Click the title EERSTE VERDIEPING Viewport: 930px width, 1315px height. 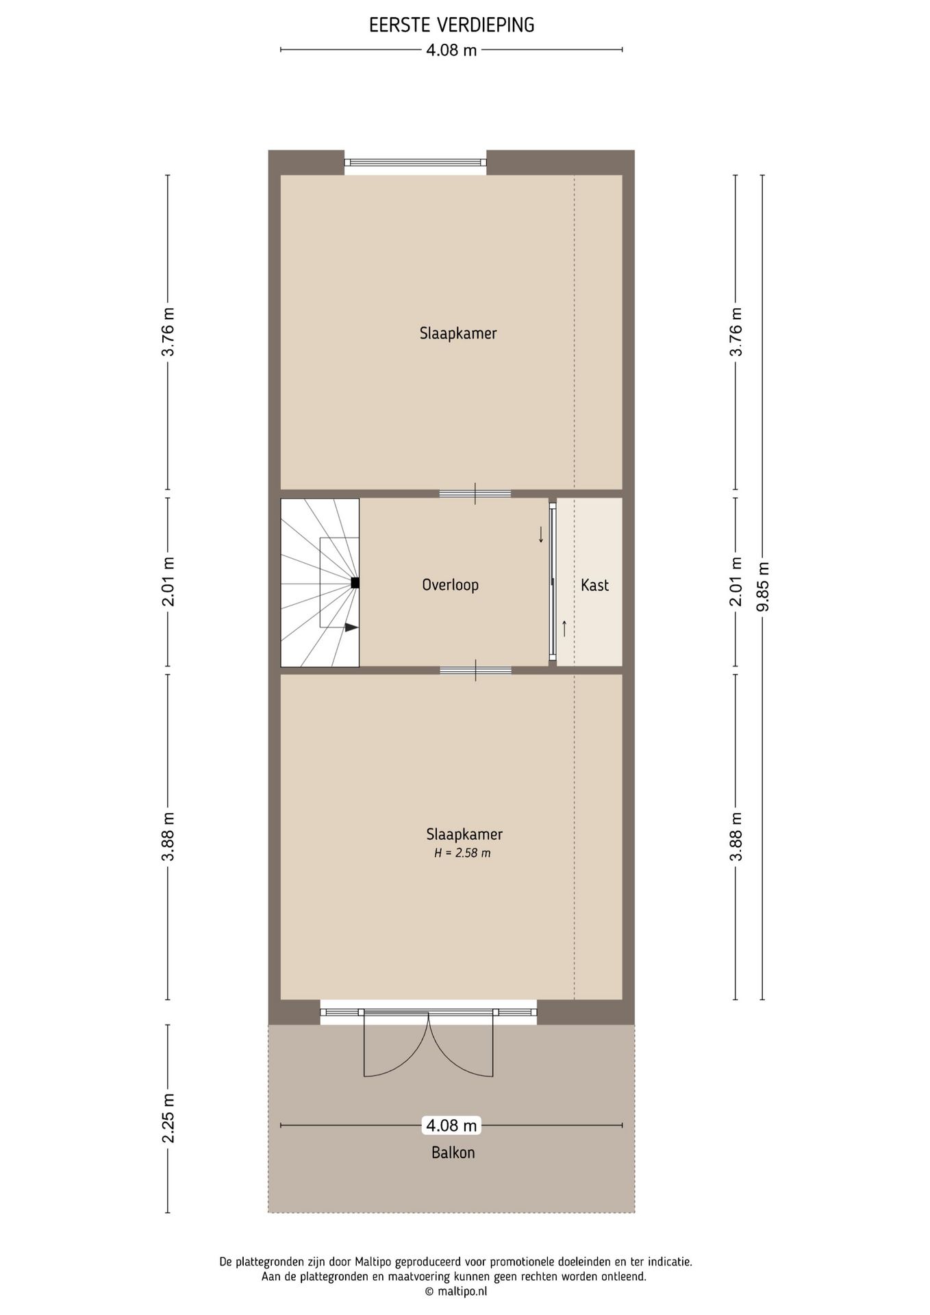click(x=451, y=25)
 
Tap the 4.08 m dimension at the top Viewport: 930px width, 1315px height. click(x=451, y=50)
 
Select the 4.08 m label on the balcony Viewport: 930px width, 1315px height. click(x=451, y=1125)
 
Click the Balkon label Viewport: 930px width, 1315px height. click(x=453, y=1153)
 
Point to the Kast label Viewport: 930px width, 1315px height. click(x=594, y=586)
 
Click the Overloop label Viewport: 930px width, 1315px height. click(x=450, y=586)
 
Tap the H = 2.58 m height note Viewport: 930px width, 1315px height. click(x=462, y=853)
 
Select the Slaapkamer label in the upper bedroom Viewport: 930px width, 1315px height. click(x=457, y=334)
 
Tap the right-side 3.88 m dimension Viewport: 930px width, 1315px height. click(x=736, y=837)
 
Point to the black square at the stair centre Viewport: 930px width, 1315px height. click(x=355, y=583)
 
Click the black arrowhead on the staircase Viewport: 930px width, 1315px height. click(x=351, y=627)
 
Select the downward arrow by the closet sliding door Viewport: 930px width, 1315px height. click(x=541, y=534)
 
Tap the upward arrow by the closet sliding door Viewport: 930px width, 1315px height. click(x=564, y=628)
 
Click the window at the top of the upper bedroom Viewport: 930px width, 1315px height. click(x=415, y=162)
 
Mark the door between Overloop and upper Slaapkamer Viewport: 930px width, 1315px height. click(x=475, y=494)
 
